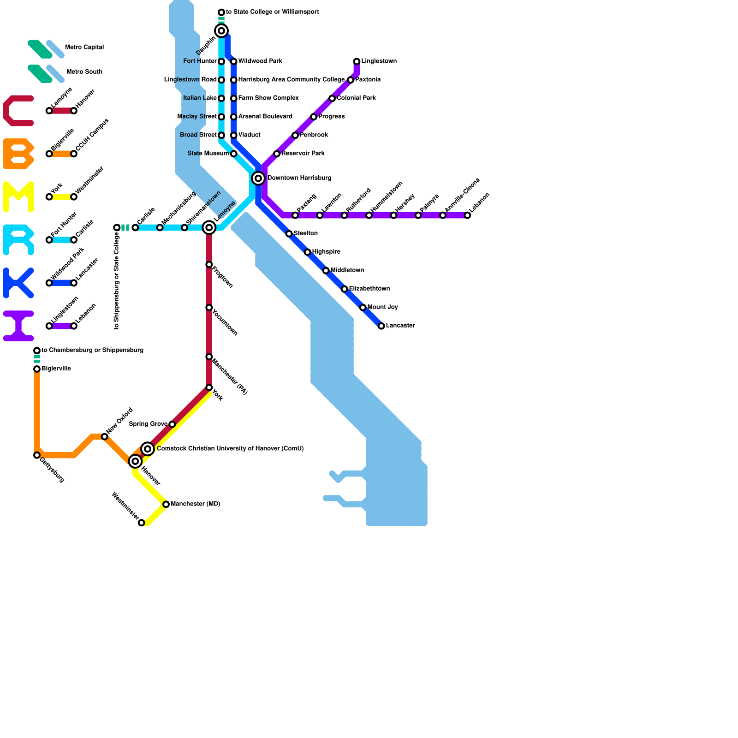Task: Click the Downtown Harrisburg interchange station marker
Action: [258, 178]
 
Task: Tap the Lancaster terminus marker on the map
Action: [381, 326]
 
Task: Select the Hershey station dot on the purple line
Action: [393, 215]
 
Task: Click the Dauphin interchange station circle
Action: [221, 31]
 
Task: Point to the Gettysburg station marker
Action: [37, 455]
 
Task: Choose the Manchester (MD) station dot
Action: [166, 504]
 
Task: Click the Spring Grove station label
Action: [148, 424]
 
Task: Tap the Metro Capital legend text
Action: [84, 48]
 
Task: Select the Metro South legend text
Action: [84, 72]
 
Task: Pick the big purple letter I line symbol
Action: [18, 326]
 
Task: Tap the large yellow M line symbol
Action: [18, 197]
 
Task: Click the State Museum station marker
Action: [234, 154]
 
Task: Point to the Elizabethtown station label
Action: [369, 289]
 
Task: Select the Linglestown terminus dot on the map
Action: [357, 61]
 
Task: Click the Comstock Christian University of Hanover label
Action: [230, 449]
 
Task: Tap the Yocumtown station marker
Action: [209, 308]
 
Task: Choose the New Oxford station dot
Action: [105, 436]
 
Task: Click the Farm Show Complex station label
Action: [268, 98]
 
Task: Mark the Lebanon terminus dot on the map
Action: [467, 215]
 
